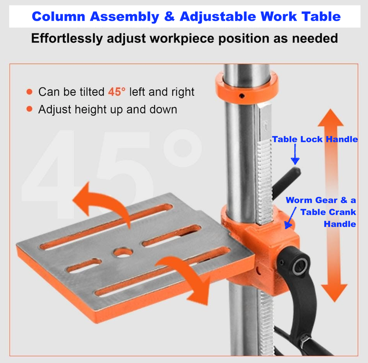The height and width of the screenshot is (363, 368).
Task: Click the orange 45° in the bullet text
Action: point(117,92)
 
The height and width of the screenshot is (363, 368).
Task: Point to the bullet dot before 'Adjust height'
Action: point(30,110)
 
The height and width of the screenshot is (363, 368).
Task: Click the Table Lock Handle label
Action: point(315,139)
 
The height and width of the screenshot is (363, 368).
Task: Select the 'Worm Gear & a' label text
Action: point(320,200)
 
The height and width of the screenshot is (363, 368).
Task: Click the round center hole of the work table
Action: point(123,252)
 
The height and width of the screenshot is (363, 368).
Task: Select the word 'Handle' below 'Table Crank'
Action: point(340,224)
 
